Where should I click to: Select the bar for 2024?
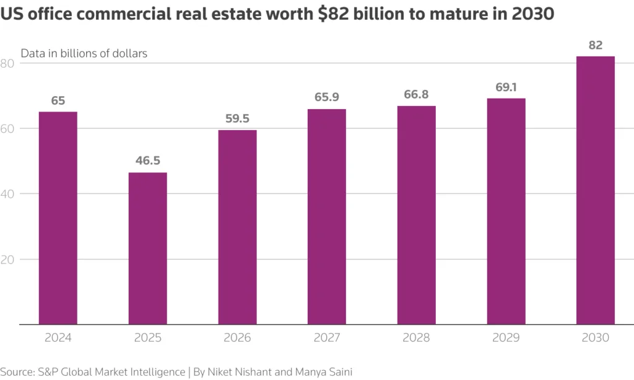[x=58, y=218]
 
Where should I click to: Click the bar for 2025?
[x=147, y=248]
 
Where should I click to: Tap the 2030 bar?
[x=596, y=190]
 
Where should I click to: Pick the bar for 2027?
[x=327, y=216]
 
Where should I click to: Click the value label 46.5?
[x=147, y=161]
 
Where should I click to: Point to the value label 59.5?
[x=237, y=118]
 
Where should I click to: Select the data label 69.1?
[x=506, y=87]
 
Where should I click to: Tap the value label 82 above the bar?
[x=596, y=45]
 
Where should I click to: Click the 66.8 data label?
[x=416, y=95]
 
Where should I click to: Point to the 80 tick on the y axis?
[x=7, y=63]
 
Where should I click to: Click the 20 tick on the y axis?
[x=7, y=259]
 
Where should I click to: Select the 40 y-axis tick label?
[x=7, y=194]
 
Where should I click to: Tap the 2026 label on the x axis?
[x=237, y=338]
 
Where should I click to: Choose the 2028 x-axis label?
[x=416, y=338]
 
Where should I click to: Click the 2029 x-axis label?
[x=506, y=338]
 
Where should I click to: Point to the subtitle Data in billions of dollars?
[x=84, y=53]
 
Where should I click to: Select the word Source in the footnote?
[x=18, y=371]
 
